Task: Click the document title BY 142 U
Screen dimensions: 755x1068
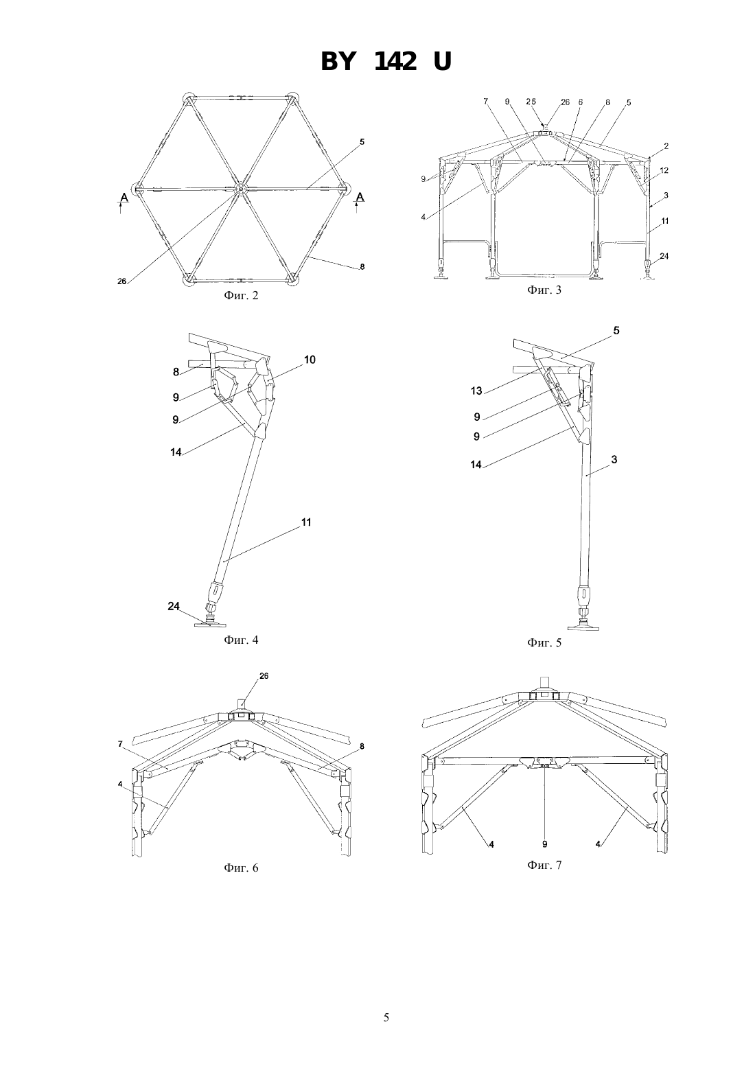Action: click(x=386, y=62)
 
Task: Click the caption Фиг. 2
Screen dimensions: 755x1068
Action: click(x=241, y=296)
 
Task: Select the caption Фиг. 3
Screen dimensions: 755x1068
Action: click(x=544, y=290)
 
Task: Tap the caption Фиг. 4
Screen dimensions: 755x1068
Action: click(x=241, y=640)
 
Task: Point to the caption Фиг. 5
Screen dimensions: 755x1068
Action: click(x=544, y=642)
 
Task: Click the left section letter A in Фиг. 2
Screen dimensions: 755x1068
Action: click(x=124, y=197)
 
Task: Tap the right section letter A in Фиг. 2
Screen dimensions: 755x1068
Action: click(x=360, y=197)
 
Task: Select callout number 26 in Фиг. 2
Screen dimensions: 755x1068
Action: click(x=122, y=281)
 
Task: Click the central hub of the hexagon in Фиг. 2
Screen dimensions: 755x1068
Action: click(x=242, y=189)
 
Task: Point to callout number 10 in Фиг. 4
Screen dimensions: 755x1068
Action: click(x=310, y=360)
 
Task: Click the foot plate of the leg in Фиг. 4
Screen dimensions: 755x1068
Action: click(x=210, y=624)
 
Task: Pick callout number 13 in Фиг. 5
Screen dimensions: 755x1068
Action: click(x=476, y=391)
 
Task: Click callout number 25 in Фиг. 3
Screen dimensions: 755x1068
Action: click(x=531, y=102)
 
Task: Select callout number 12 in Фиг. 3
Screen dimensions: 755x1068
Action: click(x=664, y=170)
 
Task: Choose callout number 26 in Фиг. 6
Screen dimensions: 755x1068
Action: click(x=264, y=675)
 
